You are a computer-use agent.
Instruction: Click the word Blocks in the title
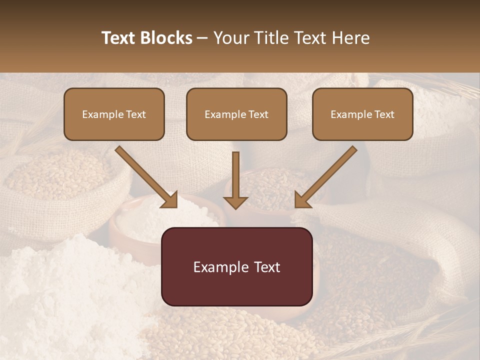coord(167,38)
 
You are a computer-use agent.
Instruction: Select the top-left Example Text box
coord(114,114)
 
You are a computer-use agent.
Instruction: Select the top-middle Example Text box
coord(236,114)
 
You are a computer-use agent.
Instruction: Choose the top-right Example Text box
coord(362,114)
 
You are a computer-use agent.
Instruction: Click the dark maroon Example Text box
coord(236,266)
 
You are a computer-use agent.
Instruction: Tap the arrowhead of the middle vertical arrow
coord(235,202)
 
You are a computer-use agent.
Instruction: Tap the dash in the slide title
coord(202,38)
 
